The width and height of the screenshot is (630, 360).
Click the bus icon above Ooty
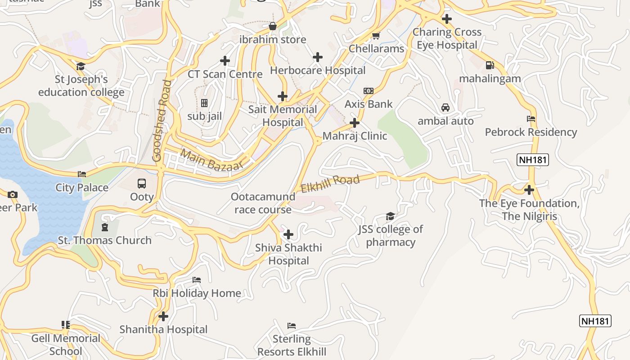coord(142,184)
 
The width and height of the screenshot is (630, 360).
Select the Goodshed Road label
coord(162,121)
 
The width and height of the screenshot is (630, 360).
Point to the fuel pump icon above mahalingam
coord(490,65)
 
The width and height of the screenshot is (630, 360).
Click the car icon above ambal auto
coord(445,108)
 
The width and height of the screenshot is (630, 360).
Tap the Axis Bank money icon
coord(369,91)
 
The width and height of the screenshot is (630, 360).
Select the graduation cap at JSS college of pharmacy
coord(390,216)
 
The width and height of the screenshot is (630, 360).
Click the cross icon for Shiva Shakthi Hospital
coord(288,234)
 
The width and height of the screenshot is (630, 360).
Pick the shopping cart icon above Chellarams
coord(376,36)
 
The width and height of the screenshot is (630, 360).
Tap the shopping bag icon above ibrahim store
coord(273,26)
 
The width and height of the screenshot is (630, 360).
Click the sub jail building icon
coord(204,103)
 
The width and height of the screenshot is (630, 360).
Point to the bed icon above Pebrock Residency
coord(531,119)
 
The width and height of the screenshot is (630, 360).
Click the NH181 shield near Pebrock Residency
coord(533,160)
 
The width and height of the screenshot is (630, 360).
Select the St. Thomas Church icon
coord(105,227)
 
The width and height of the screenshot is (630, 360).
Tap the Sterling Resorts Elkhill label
coord(292,345)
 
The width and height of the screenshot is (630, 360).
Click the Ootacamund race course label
coord(263,203)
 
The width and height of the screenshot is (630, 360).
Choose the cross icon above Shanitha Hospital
coord(163,316)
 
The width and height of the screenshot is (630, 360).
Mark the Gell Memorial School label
coord(66,345)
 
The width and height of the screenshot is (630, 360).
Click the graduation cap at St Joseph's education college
coord(81,67)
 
